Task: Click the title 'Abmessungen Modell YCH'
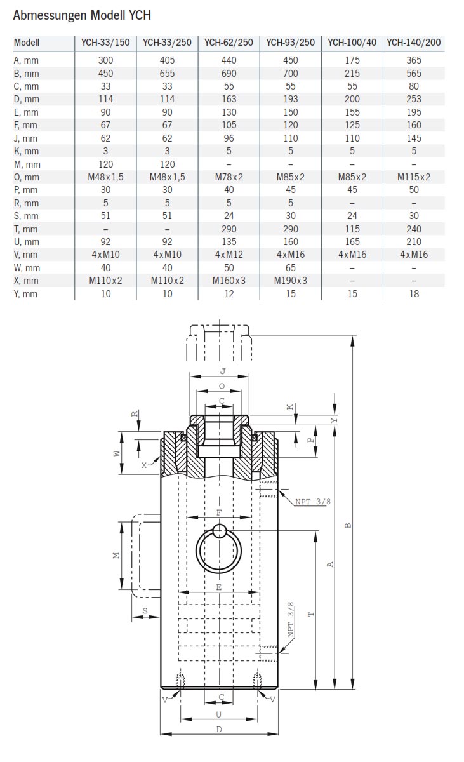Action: [82, 15]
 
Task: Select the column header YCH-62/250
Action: [229, 43]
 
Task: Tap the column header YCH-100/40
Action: [352, 43]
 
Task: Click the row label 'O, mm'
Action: [26, 177]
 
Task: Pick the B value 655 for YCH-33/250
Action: [167, 73]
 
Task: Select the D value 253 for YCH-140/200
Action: [413, 99]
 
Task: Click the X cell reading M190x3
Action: [290, 281]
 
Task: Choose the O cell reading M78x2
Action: [229, 177]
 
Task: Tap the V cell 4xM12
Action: [229, 255]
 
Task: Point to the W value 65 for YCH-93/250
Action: [290, 268]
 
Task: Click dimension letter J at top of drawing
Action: [222, 371]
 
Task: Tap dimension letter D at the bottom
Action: [219, 729]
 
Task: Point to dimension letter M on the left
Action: [116, 555]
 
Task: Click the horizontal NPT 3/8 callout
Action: [313, 502]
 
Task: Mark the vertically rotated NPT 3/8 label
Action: [291, 620]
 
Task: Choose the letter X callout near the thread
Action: [144, 465]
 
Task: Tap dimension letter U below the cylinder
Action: [219, 714]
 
